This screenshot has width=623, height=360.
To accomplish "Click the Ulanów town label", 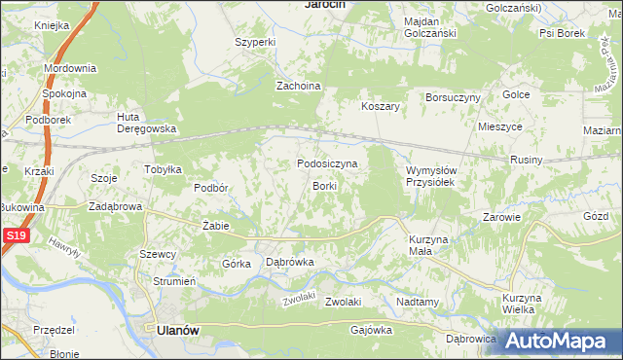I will tap(177, 330).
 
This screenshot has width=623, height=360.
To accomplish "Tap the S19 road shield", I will tap(13, 236).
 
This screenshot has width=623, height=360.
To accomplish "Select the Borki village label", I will tap(324, 186).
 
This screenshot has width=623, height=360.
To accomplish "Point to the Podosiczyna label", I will tap(327, 164).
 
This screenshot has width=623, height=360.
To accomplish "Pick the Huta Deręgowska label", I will tap(146, 123).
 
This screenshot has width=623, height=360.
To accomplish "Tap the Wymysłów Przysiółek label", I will tap(431, 176).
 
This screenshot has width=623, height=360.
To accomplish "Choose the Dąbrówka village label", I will tap(289, 262).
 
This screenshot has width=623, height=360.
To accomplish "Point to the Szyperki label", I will tap(257, 43).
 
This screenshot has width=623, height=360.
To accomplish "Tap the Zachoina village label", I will tap(299, 86).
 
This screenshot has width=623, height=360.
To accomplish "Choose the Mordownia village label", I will tap(69, 69).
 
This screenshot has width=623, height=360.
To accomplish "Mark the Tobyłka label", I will tap(164, 169).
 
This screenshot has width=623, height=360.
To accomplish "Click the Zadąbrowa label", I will tap(116, 207).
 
